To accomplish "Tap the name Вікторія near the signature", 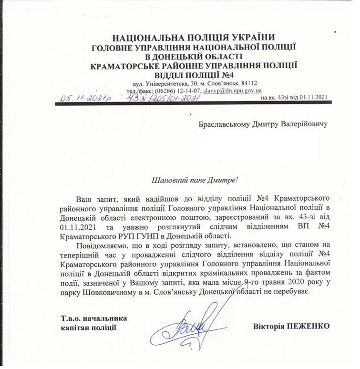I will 270,327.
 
